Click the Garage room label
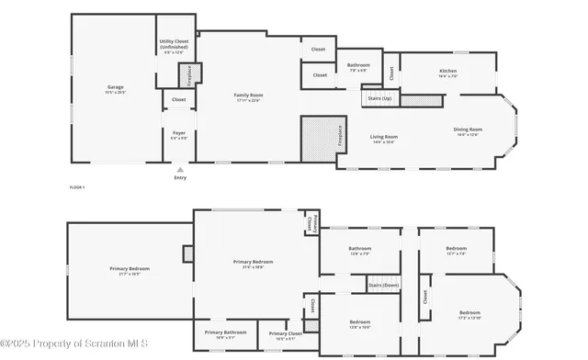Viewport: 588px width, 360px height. pyautogui.click(x=115, y=89)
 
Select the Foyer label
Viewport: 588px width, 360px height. pyautogui.click(x=179, y=134)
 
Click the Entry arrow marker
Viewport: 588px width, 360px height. pyautogui.click(x=180, y=170)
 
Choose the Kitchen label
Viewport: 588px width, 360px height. pyautogui.click(x=447, y=73)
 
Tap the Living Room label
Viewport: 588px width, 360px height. pyautogui.click(x=384, y=138)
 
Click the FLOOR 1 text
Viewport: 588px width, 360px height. pyautogui.click(x=77, y=187)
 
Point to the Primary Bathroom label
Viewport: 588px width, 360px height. pyautogui.click(x=225, y=333)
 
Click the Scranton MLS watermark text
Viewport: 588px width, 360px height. pyautogui.click(x=64, y=345)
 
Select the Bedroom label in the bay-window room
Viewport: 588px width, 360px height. pyautogui.click(x=469, y=313)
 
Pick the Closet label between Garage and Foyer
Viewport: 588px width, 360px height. pyautogui.click(x=178, y=99)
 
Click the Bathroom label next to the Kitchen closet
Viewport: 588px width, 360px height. pyautogui.click(x=358, y=66)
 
